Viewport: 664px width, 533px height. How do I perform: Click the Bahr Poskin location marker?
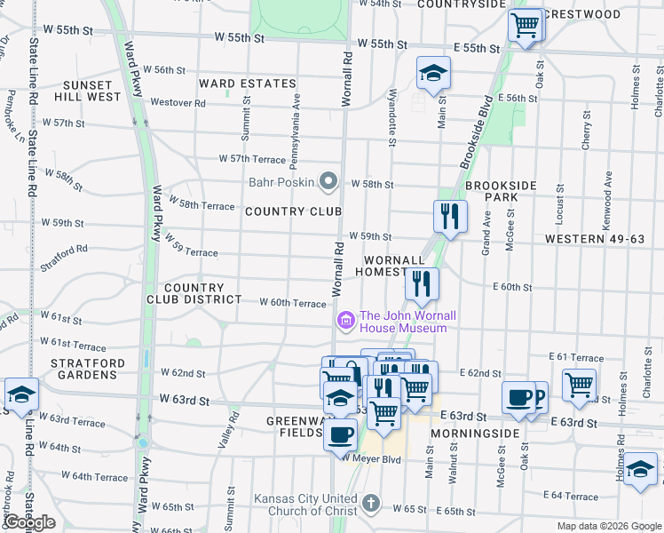point(329,182)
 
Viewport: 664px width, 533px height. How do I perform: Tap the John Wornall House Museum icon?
point(345,318)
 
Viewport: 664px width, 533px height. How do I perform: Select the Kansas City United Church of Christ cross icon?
point(372,505)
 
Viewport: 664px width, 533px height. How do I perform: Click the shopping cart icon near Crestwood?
point(525,26)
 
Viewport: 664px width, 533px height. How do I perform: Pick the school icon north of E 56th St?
point(433,75)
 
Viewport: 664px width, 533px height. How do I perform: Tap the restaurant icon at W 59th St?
point(450,216)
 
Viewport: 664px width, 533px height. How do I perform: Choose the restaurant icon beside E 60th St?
point(422,284)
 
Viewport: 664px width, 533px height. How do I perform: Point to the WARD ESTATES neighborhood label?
point(247,84)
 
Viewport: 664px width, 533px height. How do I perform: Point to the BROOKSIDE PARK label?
point(502,190)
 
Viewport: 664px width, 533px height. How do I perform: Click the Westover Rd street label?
point(178,103)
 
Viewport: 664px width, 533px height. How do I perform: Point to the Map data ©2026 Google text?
point(608,526)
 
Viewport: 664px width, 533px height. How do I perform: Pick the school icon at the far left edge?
point(20,395)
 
